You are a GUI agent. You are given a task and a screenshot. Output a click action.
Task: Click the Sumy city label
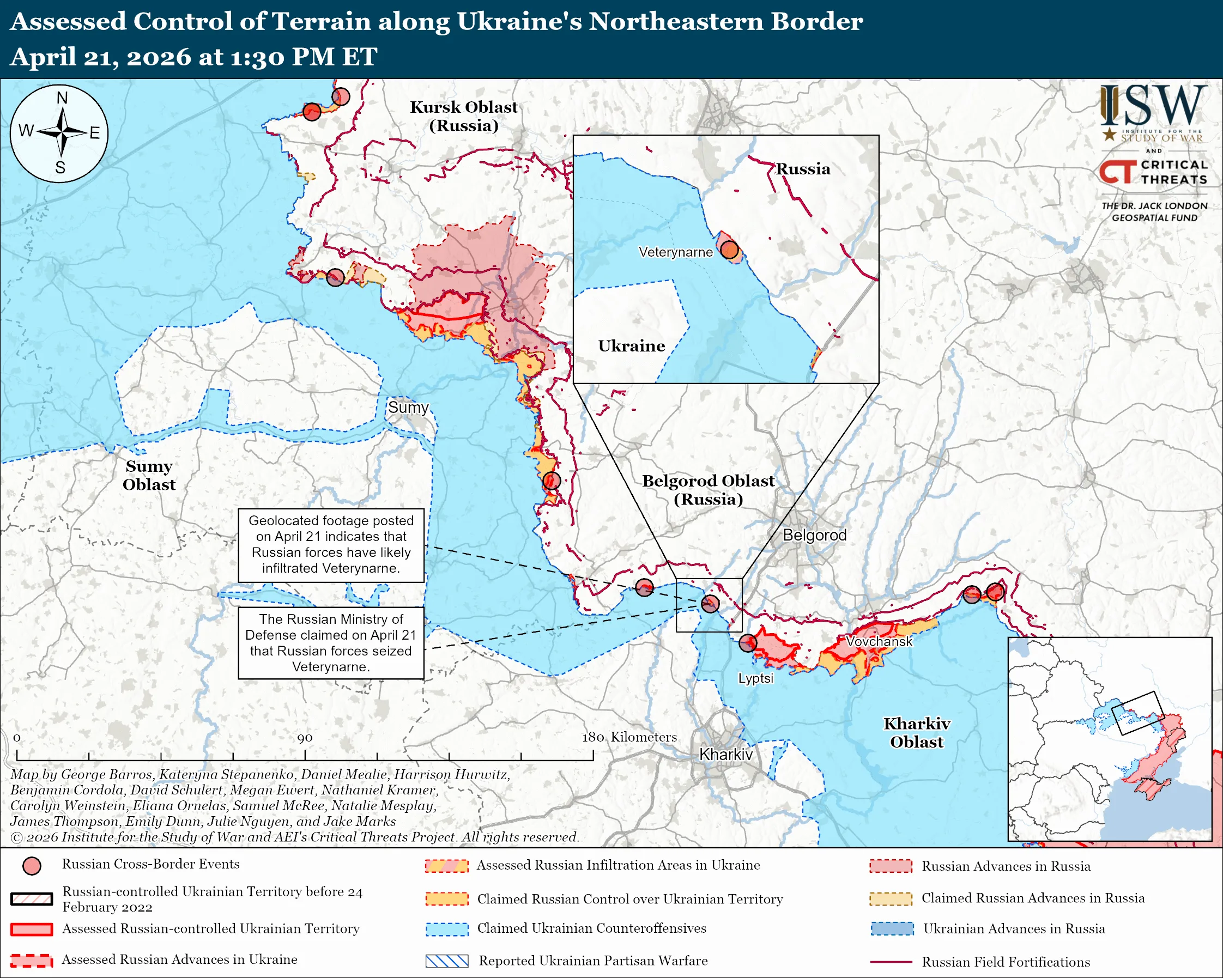coord(408,408)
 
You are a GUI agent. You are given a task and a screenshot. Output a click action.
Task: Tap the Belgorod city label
coord(814,535)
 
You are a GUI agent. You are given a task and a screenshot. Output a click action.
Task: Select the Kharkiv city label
coord(725,755)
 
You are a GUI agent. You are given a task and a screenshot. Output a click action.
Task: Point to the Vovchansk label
coord(879,641)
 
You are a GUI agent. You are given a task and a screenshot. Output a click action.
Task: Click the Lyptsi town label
coord(755,679)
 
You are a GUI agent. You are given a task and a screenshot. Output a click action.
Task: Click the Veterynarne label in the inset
coord(675,252)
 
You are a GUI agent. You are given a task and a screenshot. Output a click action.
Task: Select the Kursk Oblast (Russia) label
coord(463,116)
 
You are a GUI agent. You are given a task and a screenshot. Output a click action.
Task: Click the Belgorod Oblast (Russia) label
coord(708,490)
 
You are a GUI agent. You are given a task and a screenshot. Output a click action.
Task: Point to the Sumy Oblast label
coord(149,475)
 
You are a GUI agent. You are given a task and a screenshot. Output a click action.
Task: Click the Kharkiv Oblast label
coord(916,732)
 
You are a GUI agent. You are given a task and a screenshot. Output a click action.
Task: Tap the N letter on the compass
coord(62,98)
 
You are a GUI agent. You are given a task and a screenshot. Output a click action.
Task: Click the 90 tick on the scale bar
coord(305,755)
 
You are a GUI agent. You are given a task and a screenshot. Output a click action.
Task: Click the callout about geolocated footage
coord(331,545)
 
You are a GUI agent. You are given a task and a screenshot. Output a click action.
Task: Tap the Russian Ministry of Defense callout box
coord(331,643)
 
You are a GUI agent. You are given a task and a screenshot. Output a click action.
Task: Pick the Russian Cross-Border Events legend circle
coord(32,866)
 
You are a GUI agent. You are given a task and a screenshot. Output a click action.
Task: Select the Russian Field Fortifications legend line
coord(891,962)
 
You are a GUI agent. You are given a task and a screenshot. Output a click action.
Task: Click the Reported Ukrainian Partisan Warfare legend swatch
coord(446,961)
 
